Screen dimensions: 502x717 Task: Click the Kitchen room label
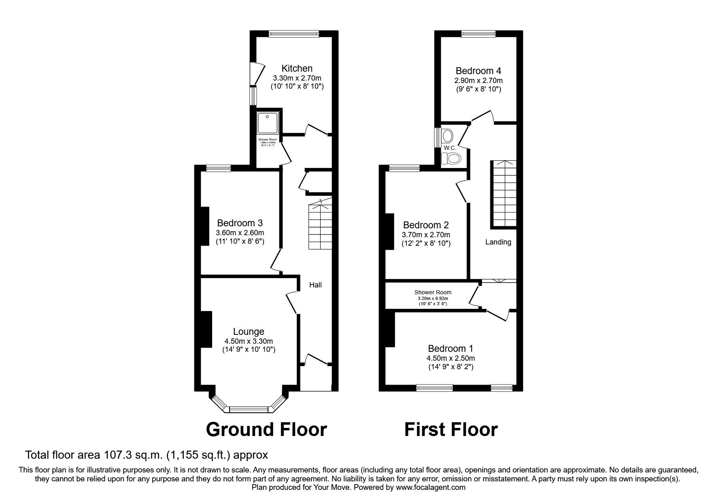pos(297,68)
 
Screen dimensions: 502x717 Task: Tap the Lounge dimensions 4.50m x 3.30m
pos(249,341)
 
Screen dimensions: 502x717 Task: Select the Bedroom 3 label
pos(240,223)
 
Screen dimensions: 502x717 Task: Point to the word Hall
pos(315,285)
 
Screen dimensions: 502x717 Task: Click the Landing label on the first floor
pos(498,242)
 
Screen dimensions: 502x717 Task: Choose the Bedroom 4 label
pos(478,71)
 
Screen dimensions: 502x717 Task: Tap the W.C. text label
pos(450,148)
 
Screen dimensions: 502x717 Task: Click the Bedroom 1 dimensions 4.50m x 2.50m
pos(450,358)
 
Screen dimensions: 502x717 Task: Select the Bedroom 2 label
pos(426,225)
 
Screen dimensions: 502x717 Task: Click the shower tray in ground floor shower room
pos(267,123)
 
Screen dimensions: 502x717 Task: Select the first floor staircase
pos(504,194)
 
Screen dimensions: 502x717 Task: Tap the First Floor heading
pos(451,429)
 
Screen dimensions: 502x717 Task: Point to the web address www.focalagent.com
pos(430,487)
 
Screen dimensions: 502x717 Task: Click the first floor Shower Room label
pos(432,292)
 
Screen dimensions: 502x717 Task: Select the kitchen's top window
pos(294,34)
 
